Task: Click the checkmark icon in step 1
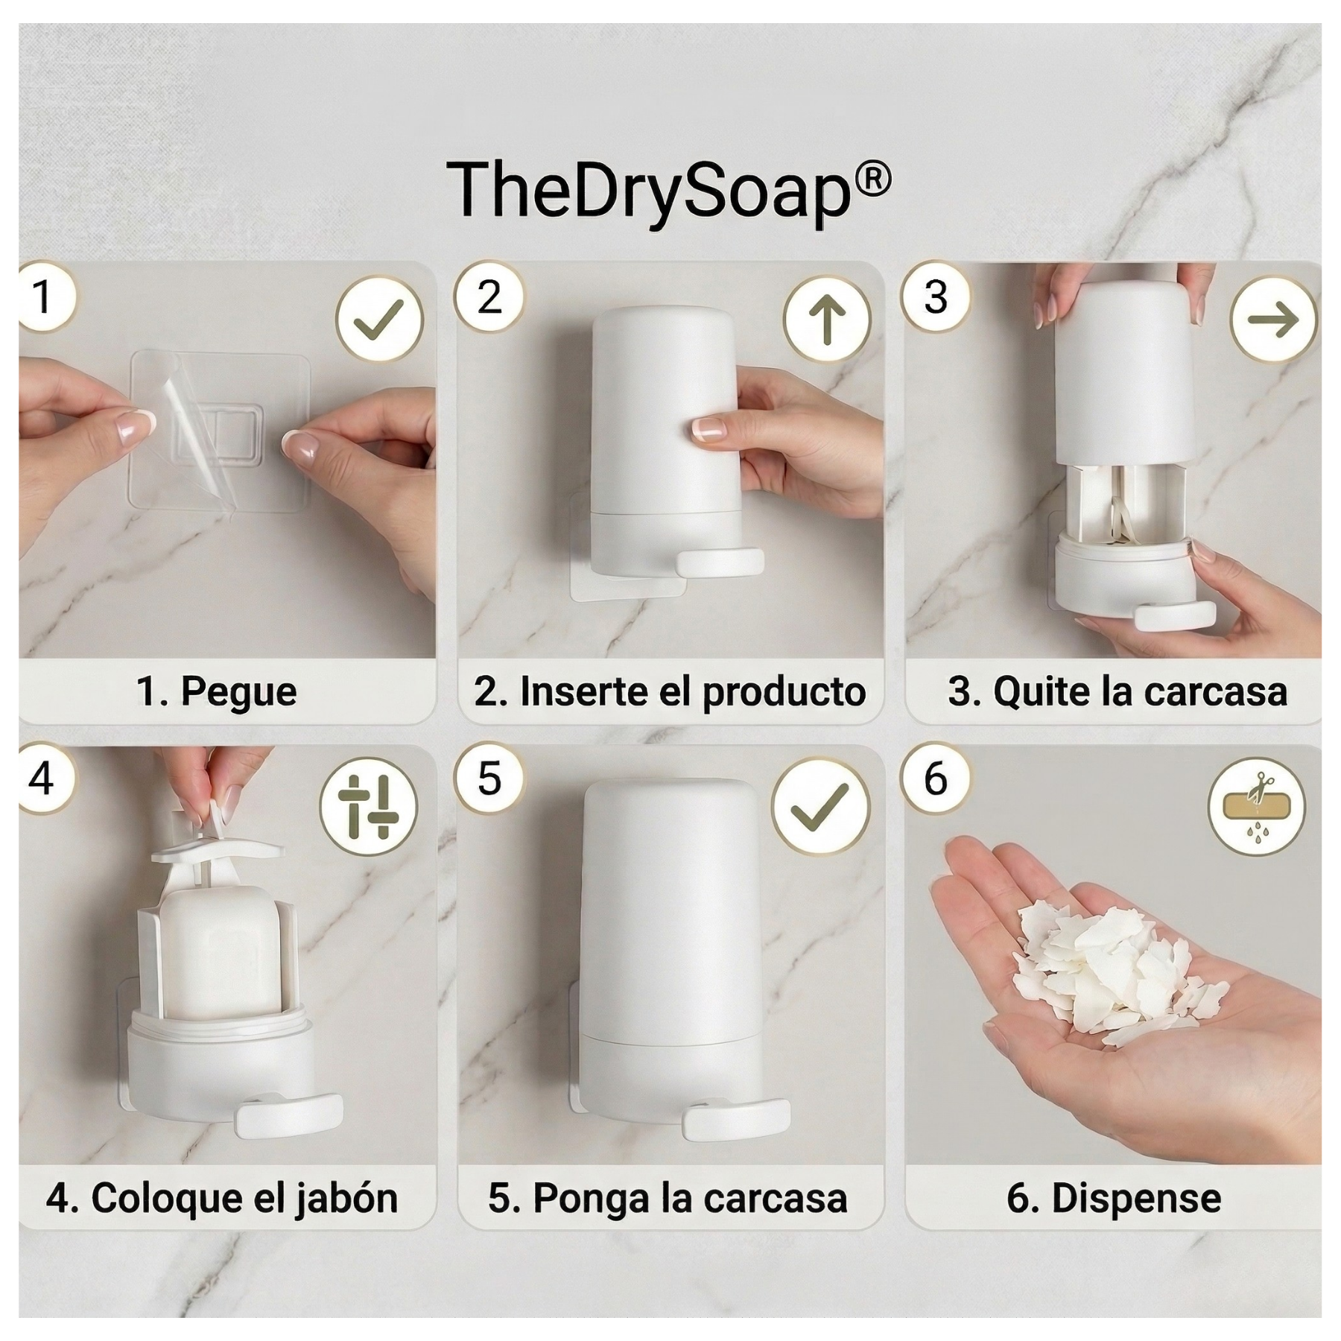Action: pyautogui.click(x=379, y=320)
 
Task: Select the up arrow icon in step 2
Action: pyautogui.click(x=827, y=320)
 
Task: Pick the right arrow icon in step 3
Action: pyautogui.click(x=1273, y=320)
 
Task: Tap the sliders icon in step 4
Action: pyautogui.click(x=368, y=807)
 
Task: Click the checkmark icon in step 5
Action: pyautogui.click(x=820, y=807)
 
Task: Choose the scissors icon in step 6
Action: pyautogui.click(x=1257, y=807)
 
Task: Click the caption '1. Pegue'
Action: pyautogui.click(x=217, y=691)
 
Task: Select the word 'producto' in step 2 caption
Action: pyautogui.click(x=784, y=692)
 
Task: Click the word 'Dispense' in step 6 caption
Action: pyautogui.click(x=1136, y=1199)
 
